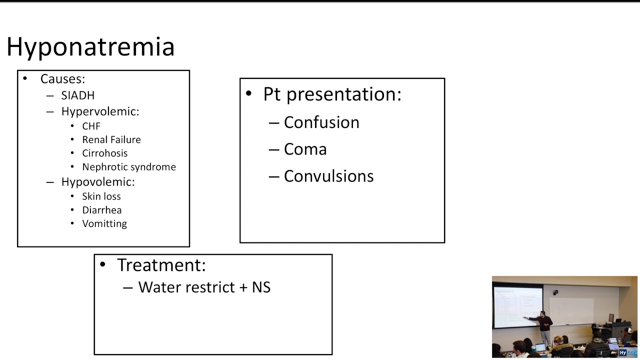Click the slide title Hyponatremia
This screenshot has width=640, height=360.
point(90,47)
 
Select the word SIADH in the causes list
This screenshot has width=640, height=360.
point(77,95)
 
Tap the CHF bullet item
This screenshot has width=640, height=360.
point(91,126)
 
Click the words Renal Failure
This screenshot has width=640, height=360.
point(111,139)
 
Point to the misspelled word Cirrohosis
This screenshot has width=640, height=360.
point(105,153)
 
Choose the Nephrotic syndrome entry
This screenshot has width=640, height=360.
point(129,167)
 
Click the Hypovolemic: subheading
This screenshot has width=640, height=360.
point(98,181)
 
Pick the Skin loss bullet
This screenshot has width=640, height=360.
point(101,196)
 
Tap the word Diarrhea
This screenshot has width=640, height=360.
point(102,210)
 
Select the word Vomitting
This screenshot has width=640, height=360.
point(104,223)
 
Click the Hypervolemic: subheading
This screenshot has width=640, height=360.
point(100,111)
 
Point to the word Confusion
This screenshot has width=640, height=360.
point(321,122)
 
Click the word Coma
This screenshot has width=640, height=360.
point(305,149)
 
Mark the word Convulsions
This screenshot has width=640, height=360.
point(329,176)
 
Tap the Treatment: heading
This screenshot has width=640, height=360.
point(161,265)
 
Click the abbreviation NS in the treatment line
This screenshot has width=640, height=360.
point(261,287)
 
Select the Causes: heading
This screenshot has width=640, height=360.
point(63,79)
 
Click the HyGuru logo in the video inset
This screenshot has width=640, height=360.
point(627,352)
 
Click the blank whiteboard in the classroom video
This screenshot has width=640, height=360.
point(571,311)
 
